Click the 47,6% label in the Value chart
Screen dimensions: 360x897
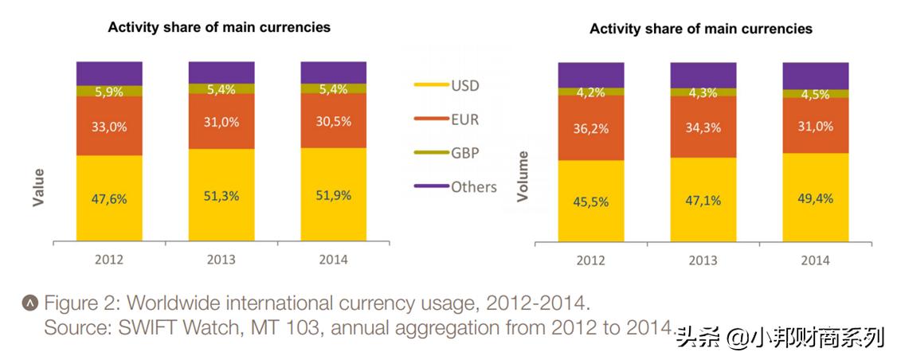pos(109,200)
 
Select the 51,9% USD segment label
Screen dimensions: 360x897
pos(334,195)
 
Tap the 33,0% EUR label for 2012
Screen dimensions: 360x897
pos(109,126)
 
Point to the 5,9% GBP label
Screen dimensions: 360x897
pos(109,92)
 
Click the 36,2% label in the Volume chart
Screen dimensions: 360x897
pos(590,127)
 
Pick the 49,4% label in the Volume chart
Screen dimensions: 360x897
pos(815,198)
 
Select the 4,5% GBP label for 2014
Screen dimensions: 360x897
pos(815,94)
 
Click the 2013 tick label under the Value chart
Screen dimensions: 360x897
pos(221,260)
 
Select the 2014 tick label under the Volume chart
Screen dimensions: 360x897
pos(815,260)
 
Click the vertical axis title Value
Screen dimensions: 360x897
pos(38,188)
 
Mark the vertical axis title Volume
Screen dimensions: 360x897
pos(523,175)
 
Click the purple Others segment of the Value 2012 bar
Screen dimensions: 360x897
pos(109,72)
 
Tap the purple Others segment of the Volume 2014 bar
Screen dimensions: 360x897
pos(815,75)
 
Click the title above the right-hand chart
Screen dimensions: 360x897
pos(700,29)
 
